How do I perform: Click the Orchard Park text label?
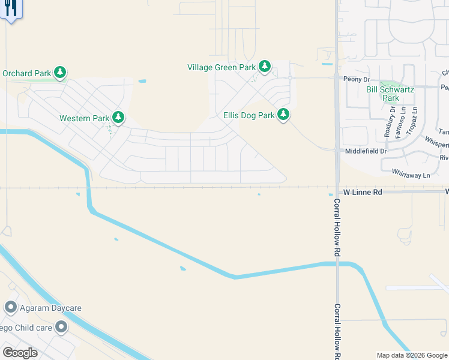tap(26, 73)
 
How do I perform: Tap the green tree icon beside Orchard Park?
tap(60, 73)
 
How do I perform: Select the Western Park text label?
tap(84, 118)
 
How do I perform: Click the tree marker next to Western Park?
tap(118, 117)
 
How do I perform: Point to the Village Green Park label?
tap(221, 67)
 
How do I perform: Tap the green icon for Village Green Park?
tap(265, 67)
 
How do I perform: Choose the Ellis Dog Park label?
tap(249, 115)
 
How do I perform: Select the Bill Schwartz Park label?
tap(390, 94)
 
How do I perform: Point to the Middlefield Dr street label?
tap(366, 151)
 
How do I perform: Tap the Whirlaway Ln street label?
tap(410, 175)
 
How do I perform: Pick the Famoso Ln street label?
tap(403, 120)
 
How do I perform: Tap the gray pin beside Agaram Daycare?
tap(10, 308)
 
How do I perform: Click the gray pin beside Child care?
tap(61, 327)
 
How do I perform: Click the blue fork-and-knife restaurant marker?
tap(10, 10)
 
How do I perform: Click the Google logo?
tap(20, 352)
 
